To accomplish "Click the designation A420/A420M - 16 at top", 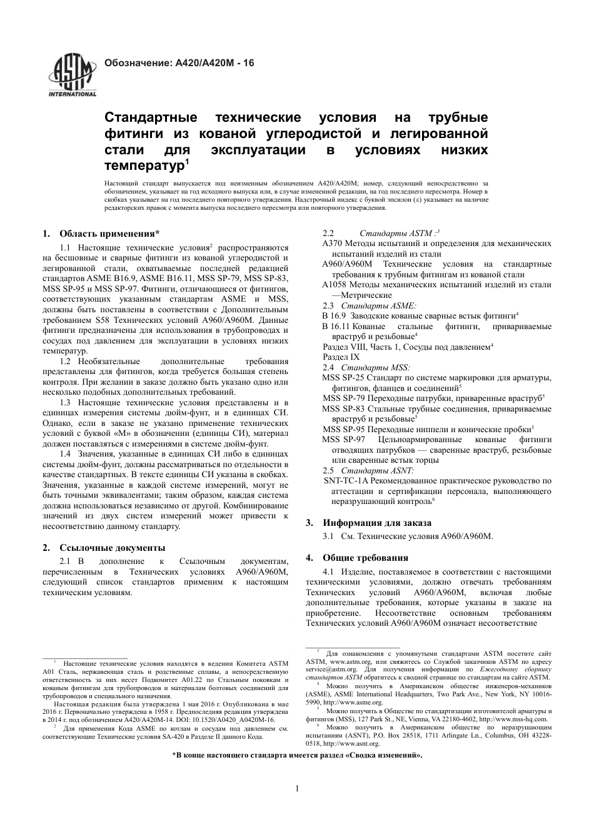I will [x=178, y=63].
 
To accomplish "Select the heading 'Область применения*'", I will [x=109, y=234].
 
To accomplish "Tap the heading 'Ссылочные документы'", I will [x=112, y=548].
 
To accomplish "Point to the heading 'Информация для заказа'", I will [x=376, y=523].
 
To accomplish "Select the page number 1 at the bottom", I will [x=297, y=788].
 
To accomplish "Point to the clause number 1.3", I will [x=65, y=403].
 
